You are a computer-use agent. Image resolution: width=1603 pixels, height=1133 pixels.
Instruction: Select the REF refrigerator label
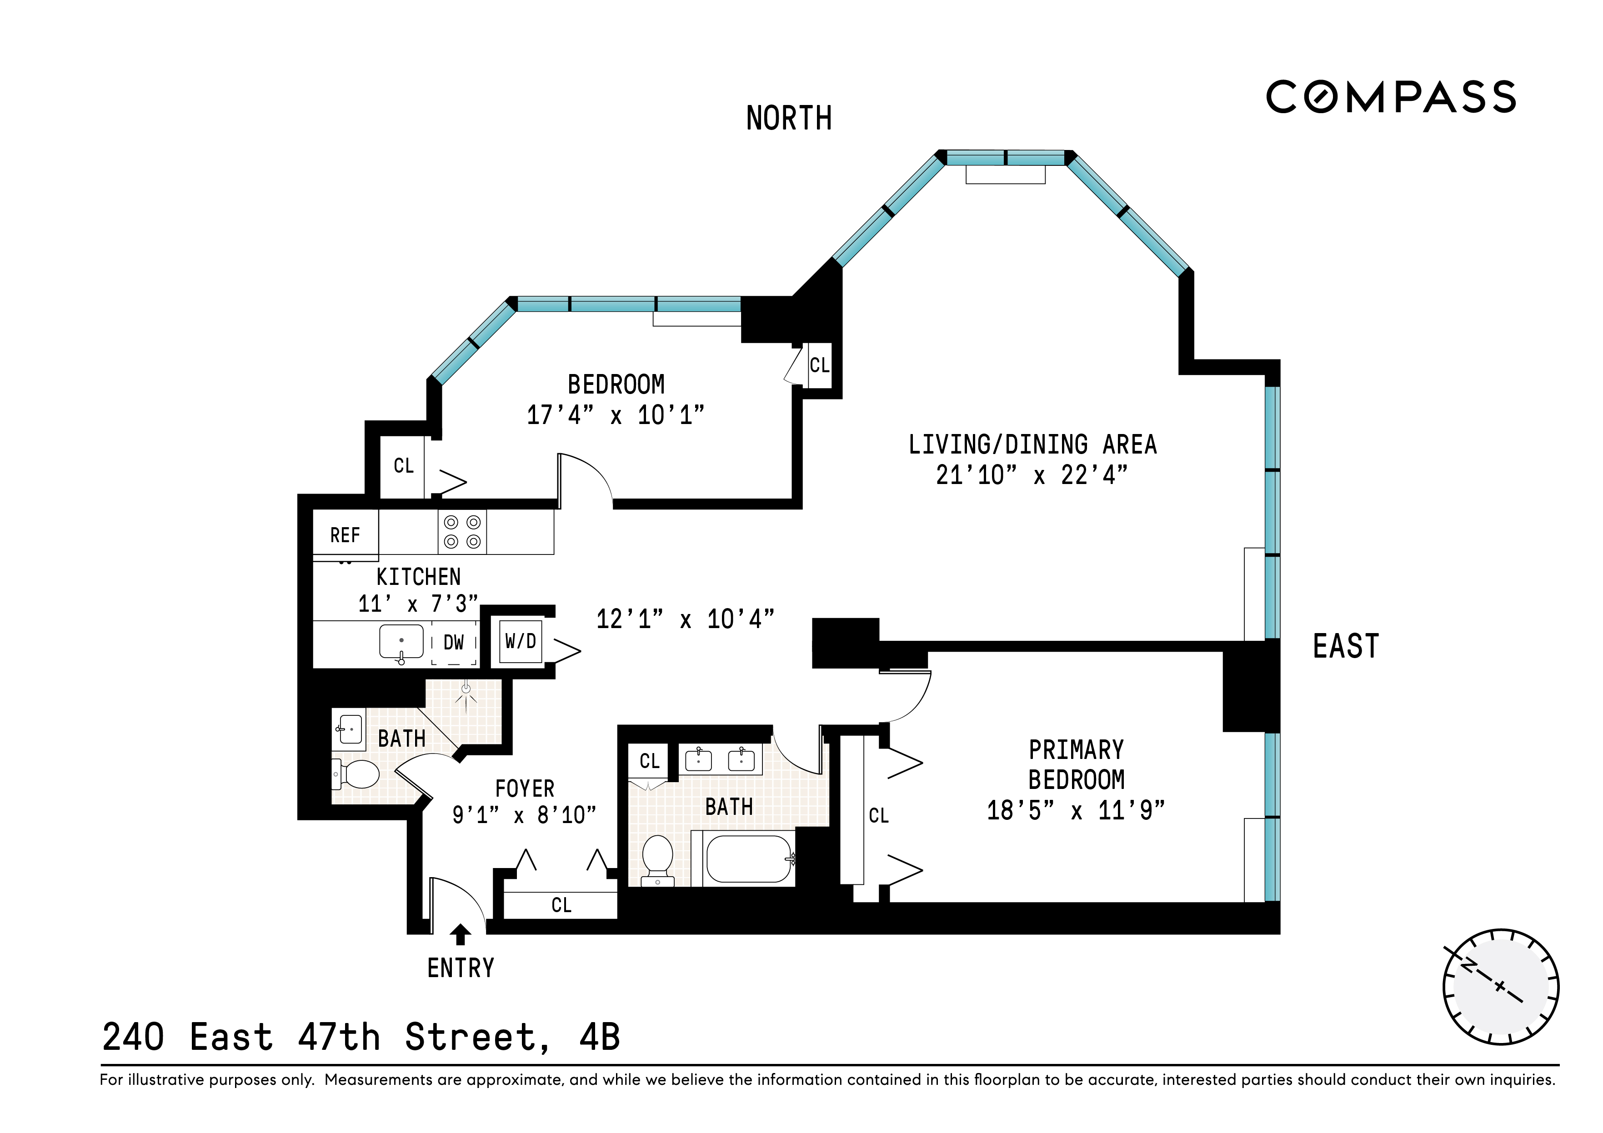(345, 535)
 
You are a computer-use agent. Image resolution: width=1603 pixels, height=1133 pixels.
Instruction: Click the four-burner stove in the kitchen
(462, 532)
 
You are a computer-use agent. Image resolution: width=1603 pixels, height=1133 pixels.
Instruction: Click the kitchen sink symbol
(401, 642)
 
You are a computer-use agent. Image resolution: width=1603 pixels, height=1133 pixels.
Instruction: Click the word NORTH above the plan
(789, 119)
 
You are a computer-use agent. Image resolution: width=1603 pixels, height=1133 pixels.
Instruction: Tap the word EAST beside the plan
(1345, 646)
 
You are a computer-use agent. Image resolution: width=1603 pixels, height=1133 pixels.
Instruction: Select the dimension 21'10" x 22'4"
(1031, 475)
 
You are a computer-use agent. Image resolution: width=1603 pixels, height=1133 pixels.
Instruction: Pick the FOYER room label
(524, 789)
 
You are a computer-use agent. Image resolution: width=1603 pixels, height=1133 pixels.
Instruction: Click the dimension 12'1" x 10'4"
(685, 619)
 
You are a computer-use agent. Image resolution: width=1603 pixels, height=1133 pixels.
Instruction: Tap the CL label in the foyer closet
(561, 905)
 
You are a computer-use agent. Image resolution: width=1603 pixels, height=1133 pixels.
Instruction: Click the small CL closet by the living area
(819, 365)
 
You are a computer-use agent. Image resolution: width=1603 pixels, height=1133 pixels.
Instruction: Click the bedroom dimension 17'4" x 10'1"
(615, 415)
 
